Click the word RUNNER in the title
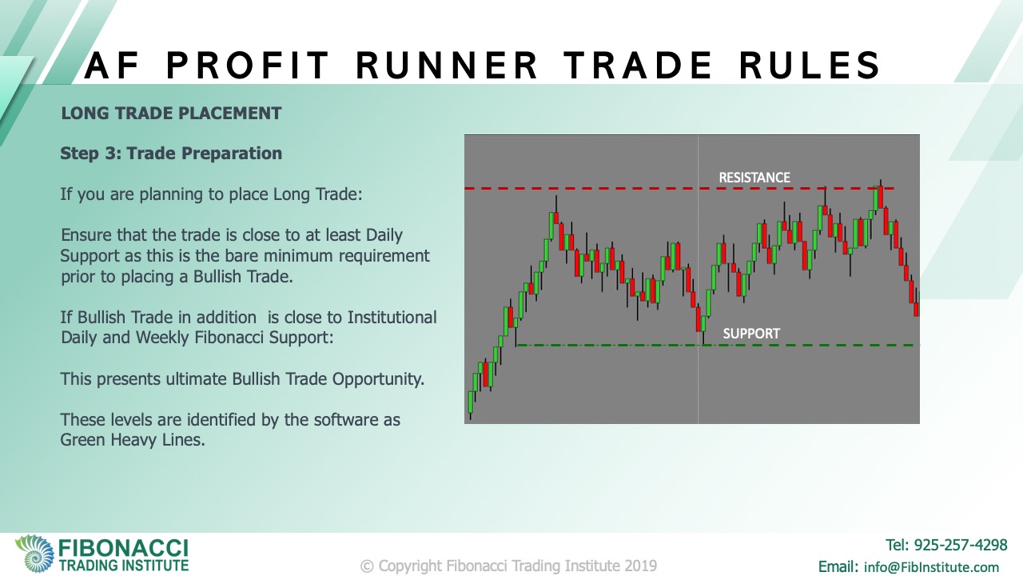point(447,66)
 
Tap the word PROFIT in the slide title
point(247,66)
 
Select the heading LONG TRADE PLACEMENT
point(171,114)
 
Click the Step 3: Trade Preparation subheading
point(171,154)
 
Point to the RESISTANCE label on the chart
point(754,178)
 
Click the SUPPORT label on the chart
point(751,334)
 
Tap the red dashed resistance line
point(679,188)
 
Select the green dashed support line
point(718,345)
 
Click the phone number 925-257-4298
point(961,545)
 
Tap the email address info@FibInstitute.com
point(931,567)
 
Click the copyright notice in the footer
point(508,566)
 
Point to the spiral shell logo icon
point(35,554)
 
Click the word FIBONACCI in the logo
point(123,548)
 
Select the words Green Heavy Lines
point(133,440)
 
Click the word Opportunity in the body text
point(378,379)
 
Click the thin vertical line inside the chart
point(699,279)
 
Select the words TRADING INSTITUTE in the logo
point(123,566)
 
